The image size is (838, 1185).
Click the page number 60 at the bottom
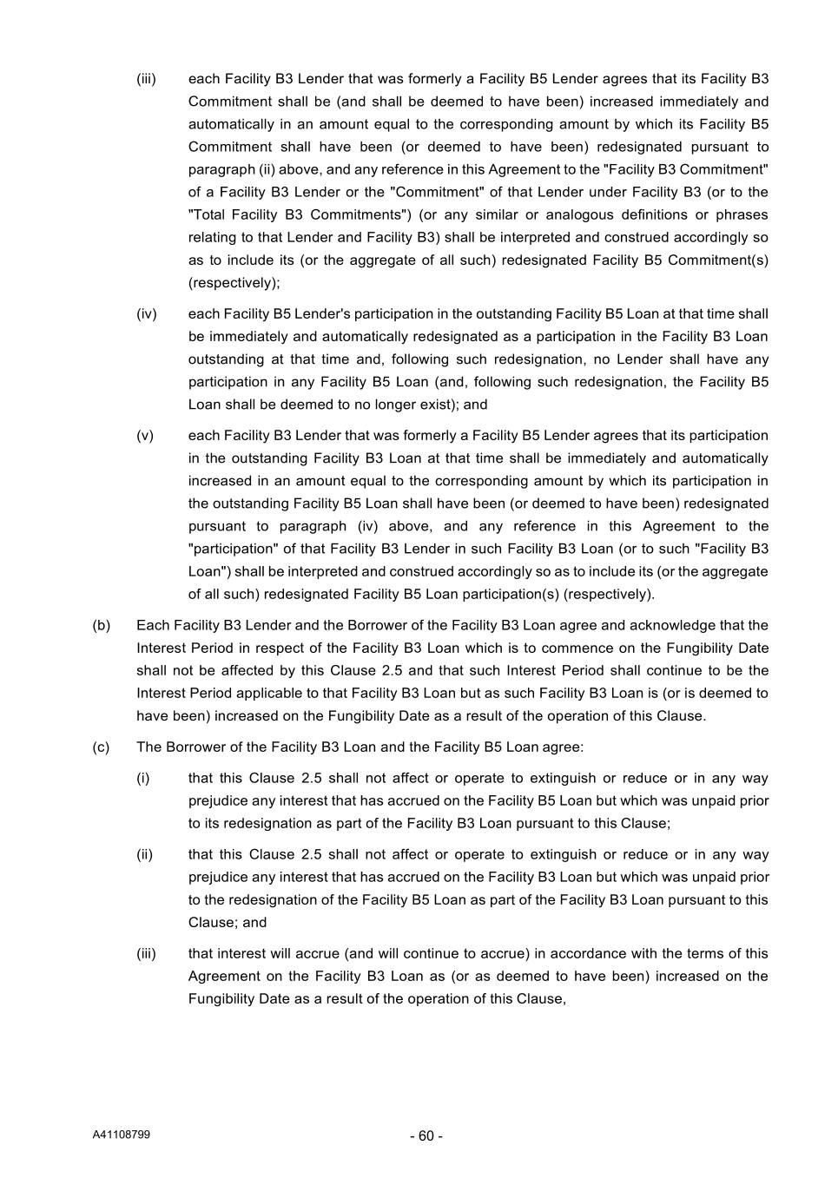pyautogui.click(x=426, y=1136)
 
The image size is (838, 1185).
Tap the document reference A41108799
pyautogui.click(x=122, y=1135)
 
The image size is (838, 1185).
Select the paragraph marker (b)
pyautogui.click(x=102, y=625)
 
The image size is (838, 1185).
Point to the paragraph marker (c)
pyautogui.click(x=102, y=747)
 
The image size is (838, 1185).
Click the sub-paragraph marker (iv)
pyautogui.click(x=147, y=313)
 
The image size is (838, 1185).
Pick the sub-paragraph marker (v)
pyautogui.click(x=145, y=435)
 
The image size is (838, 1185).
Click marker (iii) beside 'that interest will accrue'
pyautogui.click(x=147, y=953)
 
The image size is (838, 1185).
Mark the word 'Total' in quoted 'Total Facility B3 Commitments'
pyautogui.click(x=208, y=214)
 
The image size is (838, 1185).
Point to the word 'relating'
pyautogui.click(x=211, y=237)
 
